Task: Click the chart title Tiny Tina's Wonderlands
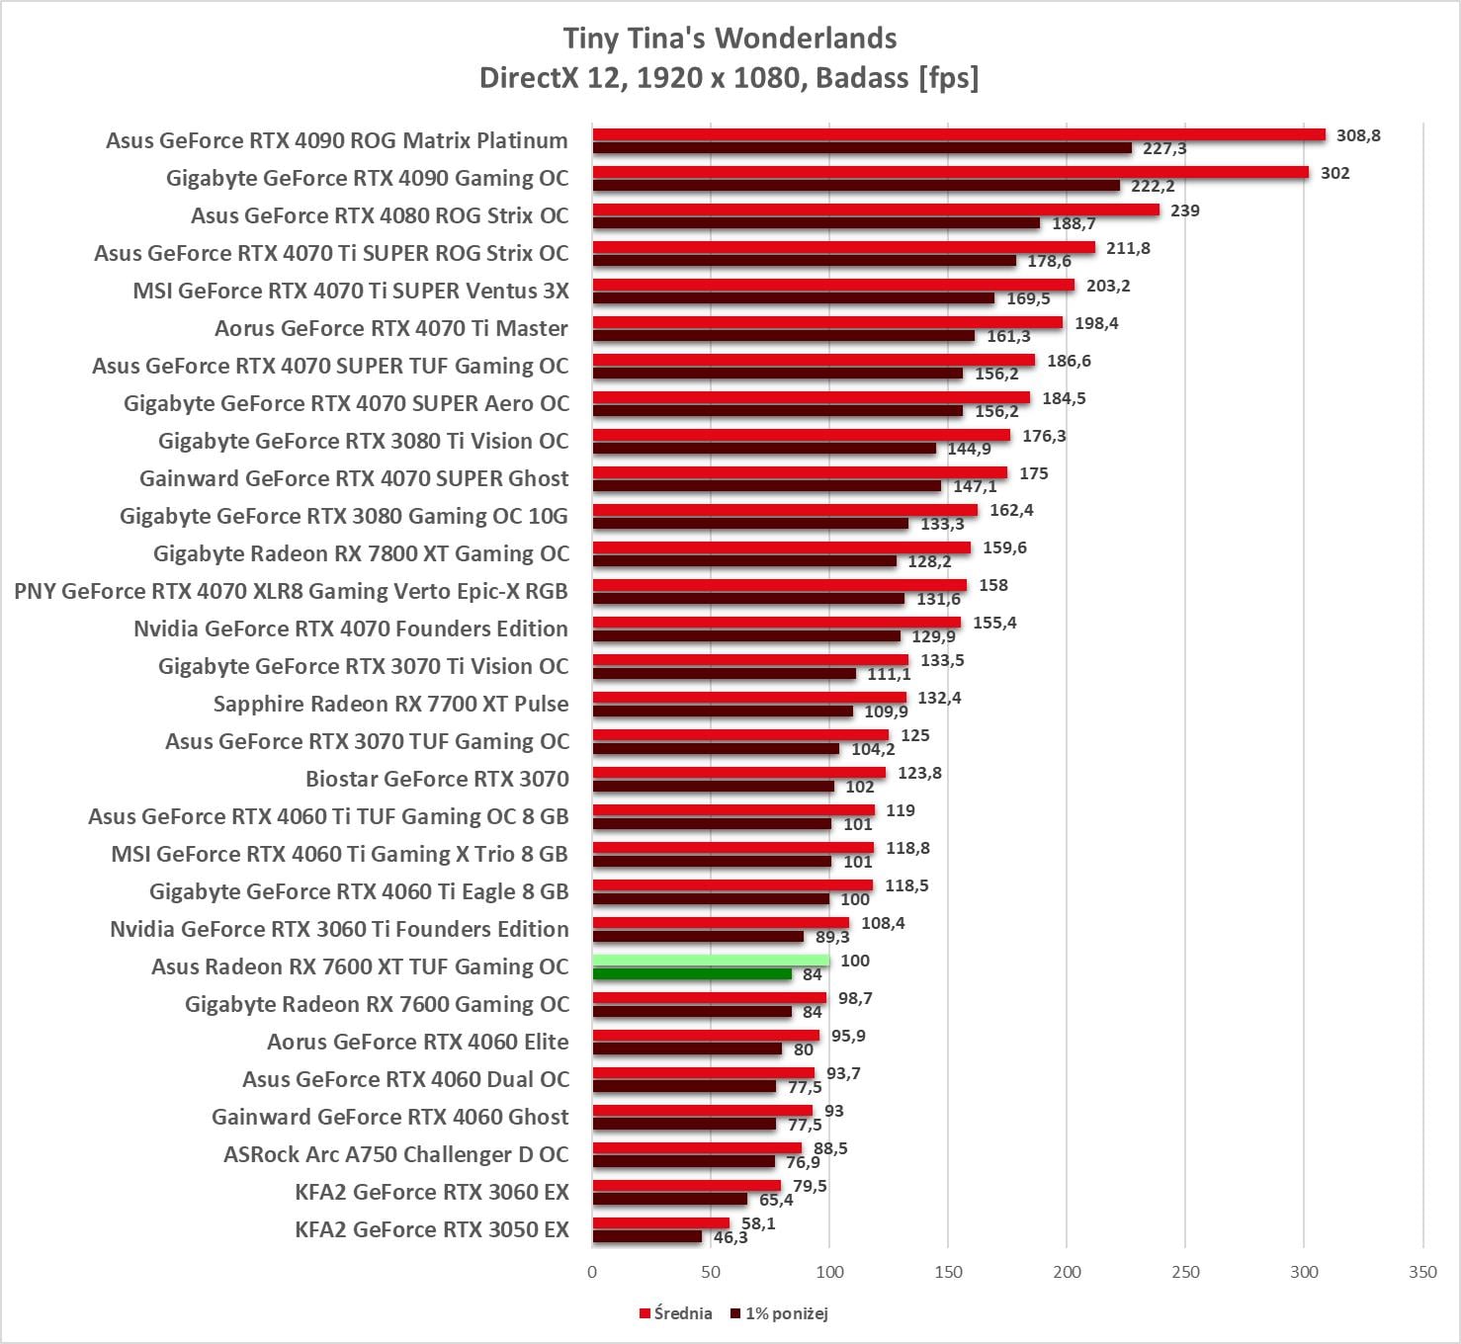point(730,39)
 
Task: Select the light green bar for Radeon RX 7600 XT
point(711,961)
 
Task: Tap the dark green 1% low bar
point(692,974)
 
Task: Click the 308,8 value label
point(1358,135)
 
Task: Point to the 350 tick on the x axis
point(1422,1272)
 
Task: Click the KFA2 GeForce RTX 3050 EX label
point(432,1229)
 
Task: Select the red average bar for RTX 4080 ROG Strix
point(876,210)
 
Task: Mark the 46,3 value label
point(730,1237)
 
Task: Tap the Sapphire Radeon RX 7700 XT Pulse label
point(391,704)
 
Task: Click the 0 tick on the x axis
point(592,1272)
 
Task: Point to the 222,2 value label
point(1153,186)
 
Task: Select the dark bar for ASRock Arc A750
point(684,1162)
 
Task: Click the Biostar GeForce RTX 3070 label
point(437,779)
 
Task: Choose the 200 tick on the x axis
point(1067,1272)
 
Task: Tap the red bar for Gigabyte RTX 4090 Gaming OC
point(950,172)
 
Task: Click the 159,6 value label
point(1004,547)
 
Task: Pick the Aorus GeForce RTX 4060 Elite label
point(418,1042)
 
